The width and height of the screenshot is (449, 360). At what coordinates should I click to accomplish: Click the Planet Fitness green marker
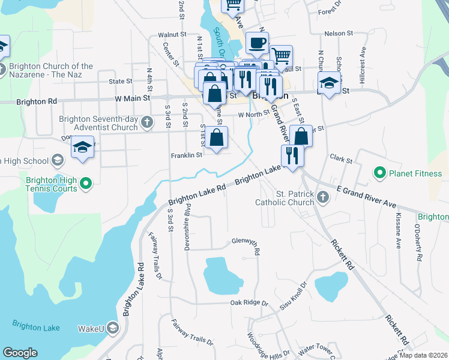379,175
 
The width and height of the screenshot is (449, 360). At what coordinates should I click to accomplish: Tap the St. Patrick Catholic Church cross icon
323,197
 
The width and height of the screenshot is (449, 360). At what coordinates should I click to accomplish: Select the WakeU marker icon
114,328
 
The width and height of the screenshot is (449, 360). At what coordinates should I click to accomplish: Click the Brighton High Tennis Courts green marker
86,184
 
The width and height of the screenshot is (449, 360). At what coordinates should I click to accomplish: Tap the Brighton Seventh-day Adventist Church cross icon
148,124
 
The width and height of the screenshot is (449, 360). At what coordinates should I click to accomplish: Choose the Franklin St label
187,155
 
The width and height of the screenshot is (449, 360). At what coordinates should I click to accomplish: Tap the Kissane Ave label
397,235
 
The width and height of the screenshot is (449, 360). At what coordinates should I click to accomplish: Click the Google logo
20,353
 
